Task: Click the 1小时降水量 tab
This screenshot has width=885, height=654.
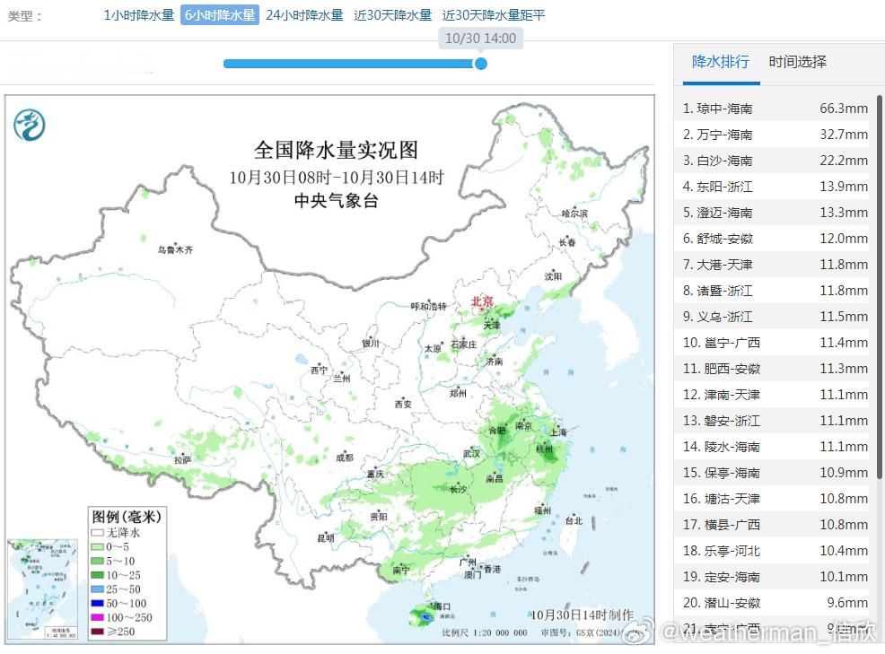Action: point(139,15)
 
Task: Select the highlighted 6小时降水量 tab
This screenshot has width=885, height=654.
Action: point(220,15)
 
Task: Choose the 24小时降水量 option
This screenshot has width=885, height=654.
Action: point(304,15)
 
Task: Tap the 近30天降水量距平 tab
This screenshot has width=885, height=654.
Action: point(494,15)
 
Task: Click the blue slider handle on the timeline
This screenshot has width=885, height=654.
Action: point(481,64)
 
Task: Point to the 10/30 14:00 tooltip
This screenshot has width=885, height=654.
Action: point(481,39)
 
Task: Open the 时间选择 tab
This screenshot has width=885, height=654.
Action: point(797,62)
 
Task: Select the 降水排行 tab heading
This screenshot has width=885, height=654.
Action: point(721,62)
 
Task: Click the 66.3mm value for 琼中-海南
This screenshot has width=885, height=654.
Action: point(843,109)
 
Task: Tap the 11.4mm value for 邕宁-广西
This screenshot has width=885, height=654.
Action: point(843,343)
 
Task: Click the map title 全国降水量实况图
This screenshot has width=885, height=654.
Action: point(336,150)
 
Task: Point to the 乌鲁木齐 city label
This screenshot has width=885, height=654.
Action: point(175,249)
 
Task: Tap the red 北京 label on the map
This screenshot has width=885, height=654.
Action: point(482,302)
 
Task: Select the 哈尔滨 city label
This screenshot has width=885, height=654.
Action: point(574,214)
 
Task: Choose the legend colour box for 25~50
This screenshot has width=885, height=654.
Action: point(97,589)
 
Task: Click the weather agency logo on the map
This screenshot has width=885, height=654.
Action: point(30,124)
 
